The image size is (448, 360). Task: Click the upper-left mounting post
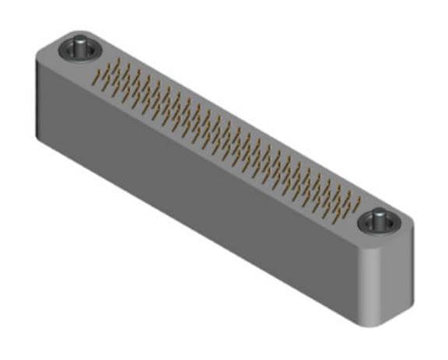[79, 47]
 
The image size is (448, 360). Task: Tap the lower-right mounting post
[379, 220]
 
